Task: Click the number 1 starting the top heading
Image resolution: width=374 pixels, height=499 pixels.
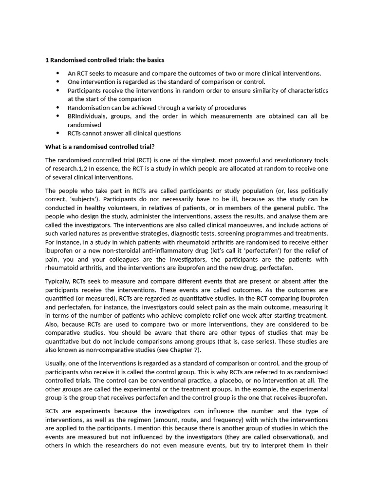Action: [47, 60]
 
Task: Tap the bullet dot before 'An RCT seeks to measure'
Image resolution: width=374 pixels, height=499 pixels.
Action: [57, 73]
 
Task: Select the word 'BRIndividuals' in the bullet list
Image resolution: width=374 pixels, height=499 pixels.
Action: [87, 116]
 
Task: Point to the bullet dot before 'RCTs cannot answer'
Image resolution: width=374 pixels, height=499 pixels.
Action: [57, 133]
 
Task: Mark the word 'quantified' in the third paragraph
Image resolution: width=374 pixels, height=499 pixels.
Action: [60, 298]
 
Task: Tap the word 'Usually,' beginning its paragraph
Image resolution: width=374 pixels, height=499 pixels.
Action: [57, 363]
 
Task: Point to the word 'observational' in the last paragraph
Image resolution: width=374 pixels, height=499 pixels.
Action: [291, 437]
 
